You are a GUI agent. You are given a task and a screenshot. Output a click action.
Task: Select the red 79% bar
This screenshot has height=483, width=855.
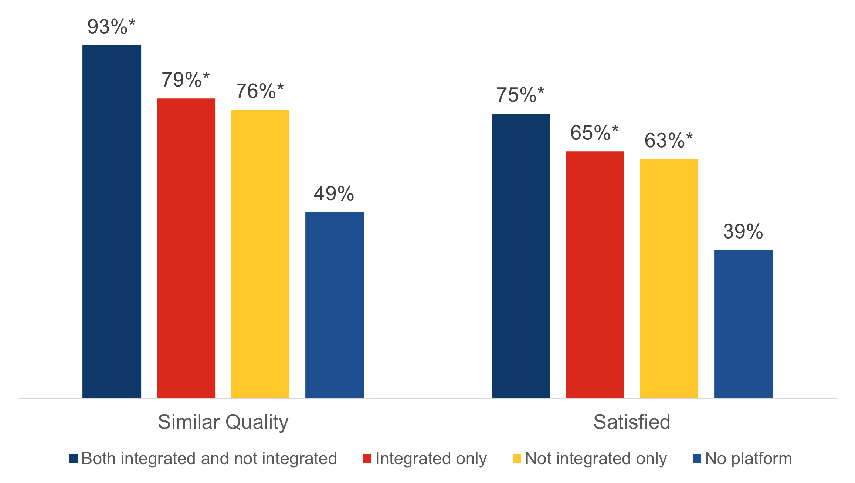(186, 248)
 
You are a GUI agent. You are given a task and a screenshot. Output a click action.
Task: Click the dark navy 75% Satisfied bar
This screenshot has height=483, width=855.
(520, 255)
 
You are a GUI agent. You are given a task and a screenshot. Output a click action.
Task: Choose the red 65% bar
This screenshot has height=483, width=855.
(595, 274)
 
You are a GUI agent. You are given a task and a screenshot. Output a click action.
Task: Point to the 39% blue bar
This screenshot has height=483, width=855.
(743, 324)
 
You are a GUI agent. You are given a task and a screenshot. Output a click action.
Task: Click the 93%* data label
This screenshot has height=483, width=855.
(111, 27)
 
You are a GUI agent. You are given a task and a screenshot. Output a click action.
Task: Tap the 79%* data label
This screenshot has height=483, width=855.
(186, 80)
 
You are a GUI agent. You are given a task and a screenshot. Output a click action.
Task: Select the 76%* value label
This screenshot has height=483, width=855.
(260, 91)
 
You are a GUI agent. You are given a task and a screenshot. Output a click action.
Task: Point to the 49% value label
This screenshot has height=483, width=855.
(334, 193)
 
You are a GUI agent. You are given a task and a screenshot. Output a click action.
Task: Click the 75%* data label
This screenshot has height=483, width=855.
(520, 95)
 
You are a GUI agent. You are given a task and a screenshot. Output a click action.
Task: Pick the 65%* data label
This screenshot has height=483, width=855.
(594, 133)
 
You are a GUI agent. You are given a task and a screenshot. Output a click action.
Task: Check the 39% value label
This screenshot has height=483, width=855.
(743, 232)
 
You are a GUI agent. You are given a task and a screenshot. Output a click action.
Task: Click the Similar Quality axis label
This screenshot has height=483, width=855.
(223, 422)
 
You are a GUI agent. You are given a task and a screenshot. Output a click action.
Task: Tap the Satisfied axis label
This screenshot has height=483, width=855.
(632, 422)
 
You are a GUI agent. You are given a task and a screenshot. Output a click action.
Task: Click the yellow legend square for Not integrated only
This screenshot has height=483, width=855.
(517, 459)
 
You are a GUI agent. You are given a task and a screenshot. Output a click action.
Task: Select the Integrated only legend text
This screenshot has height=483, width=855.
(431, 459)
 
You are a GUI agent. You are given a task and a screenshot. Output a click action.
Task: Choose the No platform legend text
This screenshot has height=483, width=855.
(749, 459)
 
